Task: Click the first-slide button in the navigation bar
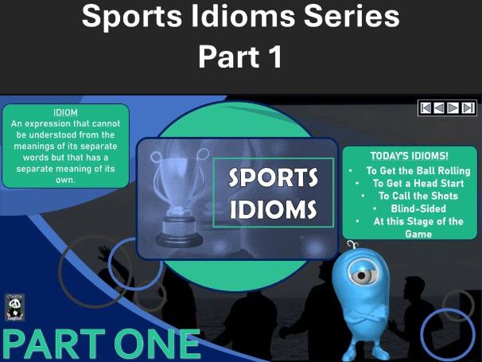coord(426,107)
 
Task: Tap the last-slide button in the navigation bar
coord(468,107)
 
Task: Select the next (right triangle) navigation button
coord(454,107)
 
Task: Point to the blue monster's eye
coord(363,275)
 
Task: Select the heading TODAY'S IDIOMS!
coord(409,157)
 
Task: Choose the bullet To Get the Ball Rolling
coord(418,170)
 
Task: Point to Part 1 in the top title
coord(239,57)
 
